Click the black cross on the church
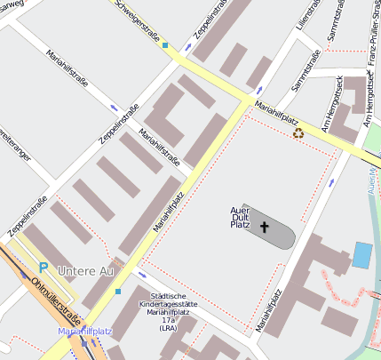(263, 227)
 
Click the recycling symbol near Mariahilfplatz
(298, 133)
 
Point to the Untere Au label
(85, 269)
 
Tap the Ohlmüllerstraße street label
(55, 302)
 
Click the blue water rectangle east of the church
(362, 254)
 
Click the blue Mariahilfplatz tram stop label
(85, 332)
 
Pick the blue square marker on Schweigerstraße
(165, 44)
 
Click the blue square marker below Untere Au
(117, 291)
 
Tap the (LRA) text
(169, 328)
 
